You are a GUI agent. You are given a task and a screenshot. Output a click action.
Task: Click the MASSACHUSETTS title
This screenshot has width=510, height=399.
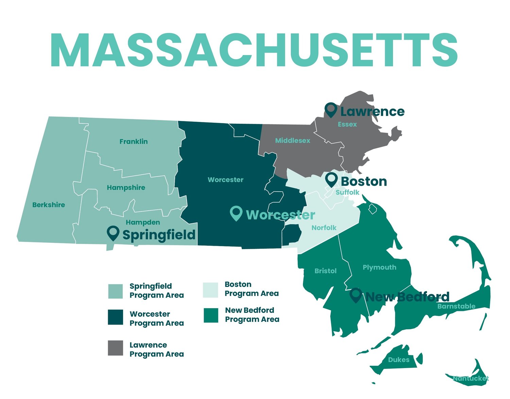[254, 50]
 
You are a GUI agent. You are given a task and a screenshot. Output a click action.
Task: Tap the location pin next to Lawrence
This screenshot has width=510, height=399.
[330, 109]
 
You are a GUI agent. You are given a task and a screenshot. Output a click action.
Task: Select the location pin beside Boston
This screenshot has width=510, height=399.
[331, 179]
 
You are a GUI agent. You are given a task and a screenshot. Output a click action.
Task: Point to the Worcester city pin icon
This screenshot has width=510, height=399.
[236, 213]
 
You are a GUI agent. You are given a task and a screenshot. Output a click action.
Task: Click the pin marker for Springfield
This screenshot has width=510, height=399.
[113, 233]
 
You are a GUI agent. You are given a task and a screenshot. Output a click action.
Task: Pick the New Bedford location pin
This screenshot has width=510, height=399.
[356, 295]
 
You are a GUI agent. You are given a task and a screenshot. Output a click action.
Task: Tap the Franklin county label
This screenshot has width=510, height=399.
[134, 141]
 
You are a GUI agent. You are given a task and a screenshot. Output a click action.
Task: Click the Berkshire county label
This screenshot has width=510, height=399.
[49, 205]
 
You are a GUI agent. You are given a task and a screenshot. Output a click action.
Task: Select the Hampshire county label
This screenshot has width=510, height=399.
[126, 188]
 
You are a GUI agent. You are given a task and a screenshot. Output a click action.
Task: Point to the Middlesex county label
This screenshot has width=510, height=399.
[292, 140]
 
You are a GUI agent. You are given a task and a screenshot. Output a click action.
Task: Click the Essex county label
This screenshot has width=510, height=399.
[347, 124]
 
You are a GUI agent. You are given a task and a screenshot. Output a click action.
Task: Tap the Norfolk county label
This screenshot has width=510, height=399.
[324, 228]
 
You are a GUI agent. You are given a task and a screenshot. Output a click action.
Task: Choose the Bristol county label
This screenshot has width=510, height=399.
[325, 271]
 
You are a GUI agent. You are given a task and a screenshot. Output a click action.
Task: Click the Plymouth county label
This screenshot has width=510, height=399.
[379, 267]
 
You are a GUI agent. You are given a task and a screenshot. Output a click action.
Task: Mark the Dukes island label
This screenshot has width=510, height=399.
[398, 360]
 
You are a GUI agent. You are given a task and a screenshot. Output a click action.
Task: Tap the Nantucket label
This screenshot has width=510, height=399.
[471, 378]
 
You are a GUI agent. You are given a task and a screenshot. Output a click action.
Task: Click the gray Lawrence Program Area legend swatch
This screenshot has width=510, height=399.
[115, 348]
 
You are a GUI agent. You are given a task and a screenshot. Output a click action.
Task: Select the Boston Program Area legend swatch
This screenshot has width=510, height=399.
[210, 290]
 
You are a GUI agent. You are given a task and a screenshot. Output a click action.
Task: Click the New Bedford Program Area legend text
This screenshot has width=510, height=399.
[252, 315]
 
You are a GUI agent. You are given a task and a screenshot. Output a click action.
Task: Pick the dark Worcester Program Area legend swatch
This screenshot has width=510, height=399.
[115, 317]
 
